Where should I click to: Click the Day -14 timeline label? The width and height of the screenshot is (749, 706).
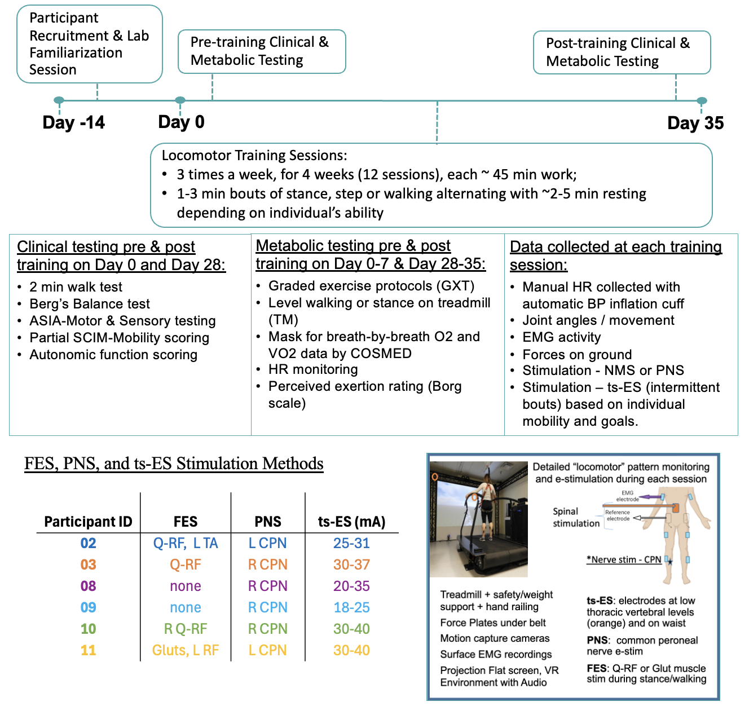pyautogui.click(x=74, y=122)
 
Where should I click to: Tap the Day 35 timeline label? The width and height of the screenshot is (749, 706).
pyautogui.click(x=695, y=123)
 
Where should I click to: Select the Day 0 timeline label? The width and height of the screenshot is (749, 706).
pyautogui.click(x=181, y=122)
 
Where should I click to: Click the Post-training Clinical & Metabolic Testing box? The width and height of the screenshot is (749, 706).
pyautogui.click(x=622, y=52)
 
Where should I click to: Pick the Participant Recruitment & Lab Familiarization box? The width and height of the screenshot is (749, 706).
pyautogui.click(x=89, y=44)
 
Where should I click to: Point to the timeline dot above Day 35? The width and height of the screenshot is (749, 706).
pyautogui.click(x=702, y=101)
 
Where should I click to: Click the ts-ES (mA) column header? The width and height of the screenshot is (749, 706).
pyautogui.click(x=351, y=522)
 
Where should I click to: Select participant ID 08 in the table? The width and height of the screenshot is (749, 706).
pyautogui.click(x=88, y=586)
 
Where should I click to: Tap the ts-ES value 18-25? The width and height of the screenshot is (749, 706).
pyautogui.click(x=351, y=607)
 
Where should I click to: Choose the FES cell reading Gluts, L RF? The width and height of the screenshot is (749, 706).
pyautogui.click(x=186, y=650)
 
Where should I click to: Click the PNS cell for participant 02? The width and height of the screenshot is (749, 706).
pyautogui.click(x=268, y=543)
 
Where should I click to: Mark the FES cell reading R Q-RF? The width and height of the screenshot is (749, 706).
pyautogui.click(x=186, y=629)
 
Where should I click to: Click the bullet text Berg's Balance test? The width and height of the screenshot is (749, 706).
pyautogui.click(x=90, y=304)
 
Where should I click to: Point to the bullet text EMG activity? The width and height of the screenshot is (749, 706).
pyautogui.click(x=562, y=337)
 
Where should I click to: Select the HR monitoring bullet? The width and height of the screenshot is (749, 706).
pyautogui.click(x=313, y=369)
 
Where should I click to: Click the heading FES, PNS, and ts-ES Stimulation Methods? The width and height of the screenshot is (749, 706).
pyautogui.click(x=174, y=464)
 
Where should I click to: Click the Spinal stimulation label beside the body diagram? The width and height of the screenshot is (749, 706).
pyautogui.click(x=576, y=517)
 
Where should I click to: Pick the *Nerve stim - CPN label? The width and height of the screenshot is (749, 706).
pyautogui.click(x=624, y=560)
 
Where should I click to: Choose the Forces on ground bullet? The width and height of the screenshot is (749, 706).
pyautogui.click(x=577, y=354)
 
